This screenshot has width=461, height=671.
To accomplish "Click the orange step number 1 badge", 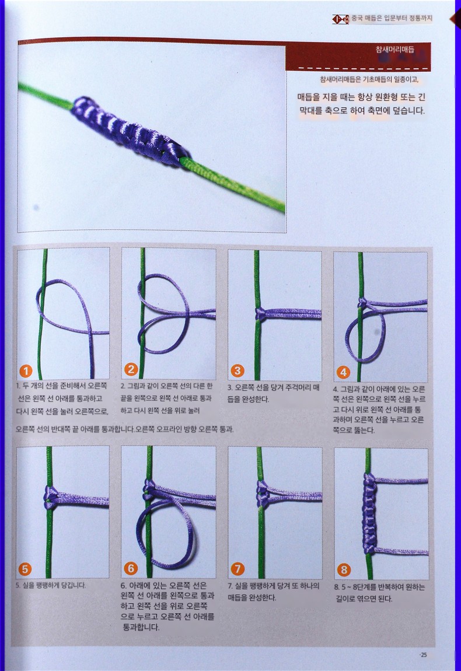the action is [x=26, y=371].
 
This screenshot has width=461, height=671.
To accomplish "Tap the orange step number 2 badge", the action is [x=131, y=369].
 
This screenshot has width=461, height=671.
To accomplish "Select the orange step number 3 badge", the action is [x=237, y=371].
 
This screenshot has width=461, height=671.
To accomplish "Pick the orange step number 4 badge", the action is [x=343, y=372].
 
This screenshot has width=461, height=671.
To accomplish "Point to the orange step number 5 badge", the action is [x=25, y=569].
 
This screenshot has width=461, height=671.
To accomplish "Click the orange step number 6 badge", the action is [x=131, y=568].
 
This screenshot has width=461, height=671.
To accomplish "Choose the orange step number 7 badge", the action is [x=237, y=569].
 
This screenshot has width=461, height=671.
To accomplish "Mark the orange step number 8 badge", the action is [x=344, y=569].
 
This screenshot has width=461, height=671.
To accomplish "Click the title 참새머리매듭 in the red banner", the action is [x=394, y=50].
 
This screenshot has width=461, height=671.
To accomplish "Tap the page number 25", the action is [x=423, y=655].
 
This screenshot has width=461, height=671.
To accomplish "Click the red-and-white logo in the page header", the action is [x=341, y=19].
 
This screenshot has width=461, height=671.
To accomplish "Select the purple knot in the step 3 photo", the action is [x=260, y=314].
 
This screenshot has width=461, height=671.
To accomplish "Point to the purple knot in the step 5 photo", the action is [x=51, y=497].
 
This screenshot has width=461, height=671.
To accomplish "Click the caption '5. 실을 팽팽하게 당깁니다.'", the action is [x=51, y=585].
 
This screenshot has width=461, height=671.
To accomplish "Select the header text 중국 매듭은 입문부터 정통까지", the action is [x=392, y=19].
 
